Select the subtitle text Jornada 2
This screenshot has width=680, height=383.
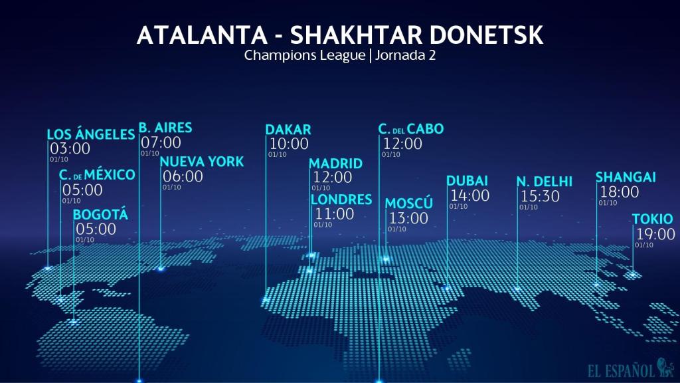click(405, 55)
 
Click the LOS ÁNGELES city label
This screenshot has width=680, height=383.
click(91, 135)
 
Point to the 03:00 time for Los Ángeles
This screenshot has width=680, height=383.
click(70, 149)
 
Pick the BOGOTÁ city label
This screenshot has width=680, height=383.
click(100, 215)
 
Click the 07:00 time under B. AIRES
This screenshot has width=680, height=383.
click(161, 142)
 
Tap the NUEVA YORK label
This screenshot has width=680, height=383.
click(201, 162)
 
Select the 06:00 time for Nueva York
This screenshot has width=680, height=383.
click(183, 176)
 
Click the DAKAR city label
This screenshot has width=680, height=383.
click(288, 130)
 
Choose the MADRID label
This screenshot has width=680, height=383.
click(335, 164)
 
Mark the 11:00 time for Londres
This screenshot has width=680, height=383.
click(334, 214)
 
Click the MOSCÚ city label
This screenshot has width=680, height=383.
click(408, 203)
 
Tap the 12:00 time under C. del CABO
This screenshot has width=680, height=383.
click(402, 144)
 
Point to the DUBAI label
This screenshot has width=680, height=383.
click(467, 181)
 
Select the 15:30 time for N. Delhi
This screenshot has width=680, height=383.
click(540, 196)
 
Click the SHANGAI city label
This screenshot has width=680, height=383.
click(626, 177)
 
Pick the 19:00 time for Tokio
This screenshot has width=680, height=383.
click(655, 234)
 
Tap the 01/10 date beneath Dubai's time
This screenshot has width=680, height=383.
click(458, 206)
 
